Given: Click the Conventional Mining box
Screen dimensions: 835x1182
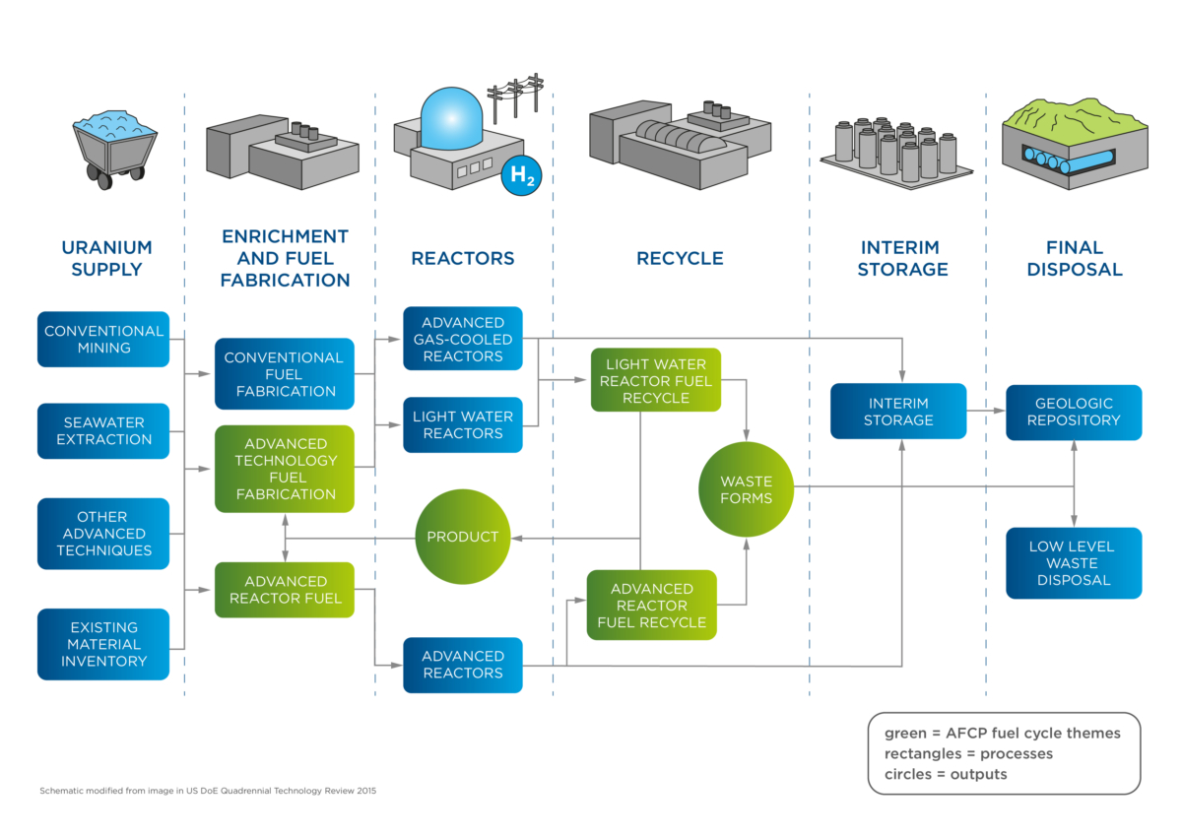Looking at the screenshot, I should tap(103, 339).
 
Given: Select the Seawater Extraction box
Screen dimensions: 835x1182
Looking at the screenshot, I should tap(103, 430).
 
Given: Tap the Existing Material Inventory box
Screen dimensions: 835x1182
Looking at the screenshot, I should tap(103, 644).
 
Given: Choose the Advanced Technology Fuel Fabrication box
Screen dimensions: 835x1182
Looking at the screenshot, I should tap(285, 469).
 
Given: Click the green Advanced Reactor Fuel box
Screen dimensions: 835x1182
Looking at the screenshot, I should tap(285, 590).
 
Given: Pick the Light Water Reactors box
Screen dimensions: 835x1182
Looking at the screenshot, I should tap(462, 424).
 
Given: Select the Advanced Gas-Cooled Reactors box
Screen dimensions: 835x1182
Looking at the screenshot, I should tap(462, 339).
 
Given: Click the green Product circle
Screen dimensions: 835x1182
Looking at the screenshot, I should tap(462, 537).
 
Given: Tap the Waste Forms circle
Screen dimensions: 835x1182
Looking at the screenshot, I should tap(746, 489).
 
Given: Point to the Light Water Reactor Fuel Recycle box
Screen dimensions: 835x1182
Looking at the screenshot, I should tap(655, 380).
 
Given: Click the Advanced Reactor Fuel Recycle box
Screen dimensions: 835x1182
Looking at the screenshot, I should tap(651, 606).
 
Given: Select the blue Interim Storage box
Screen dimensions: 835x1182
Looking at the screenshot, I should tap(898, 412).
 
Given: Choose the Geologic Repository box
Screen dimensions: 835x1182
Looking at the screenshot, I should tap(1074, 412).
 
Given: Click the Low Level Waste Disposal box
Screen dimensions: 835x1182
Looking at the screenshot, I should tap(1074, 563).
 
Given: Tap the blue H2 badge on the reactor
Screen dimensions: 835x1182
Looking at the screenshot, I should tap(520, 176).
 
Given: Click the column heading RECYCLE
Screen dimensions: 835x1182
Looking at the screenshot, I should tap(680, 259).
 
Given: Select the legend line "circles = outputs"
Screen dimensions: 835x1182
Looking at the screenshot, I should tap(946, 774).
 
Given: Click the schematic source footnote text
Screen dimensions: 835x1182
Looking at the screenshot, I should tap(207, 791).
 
